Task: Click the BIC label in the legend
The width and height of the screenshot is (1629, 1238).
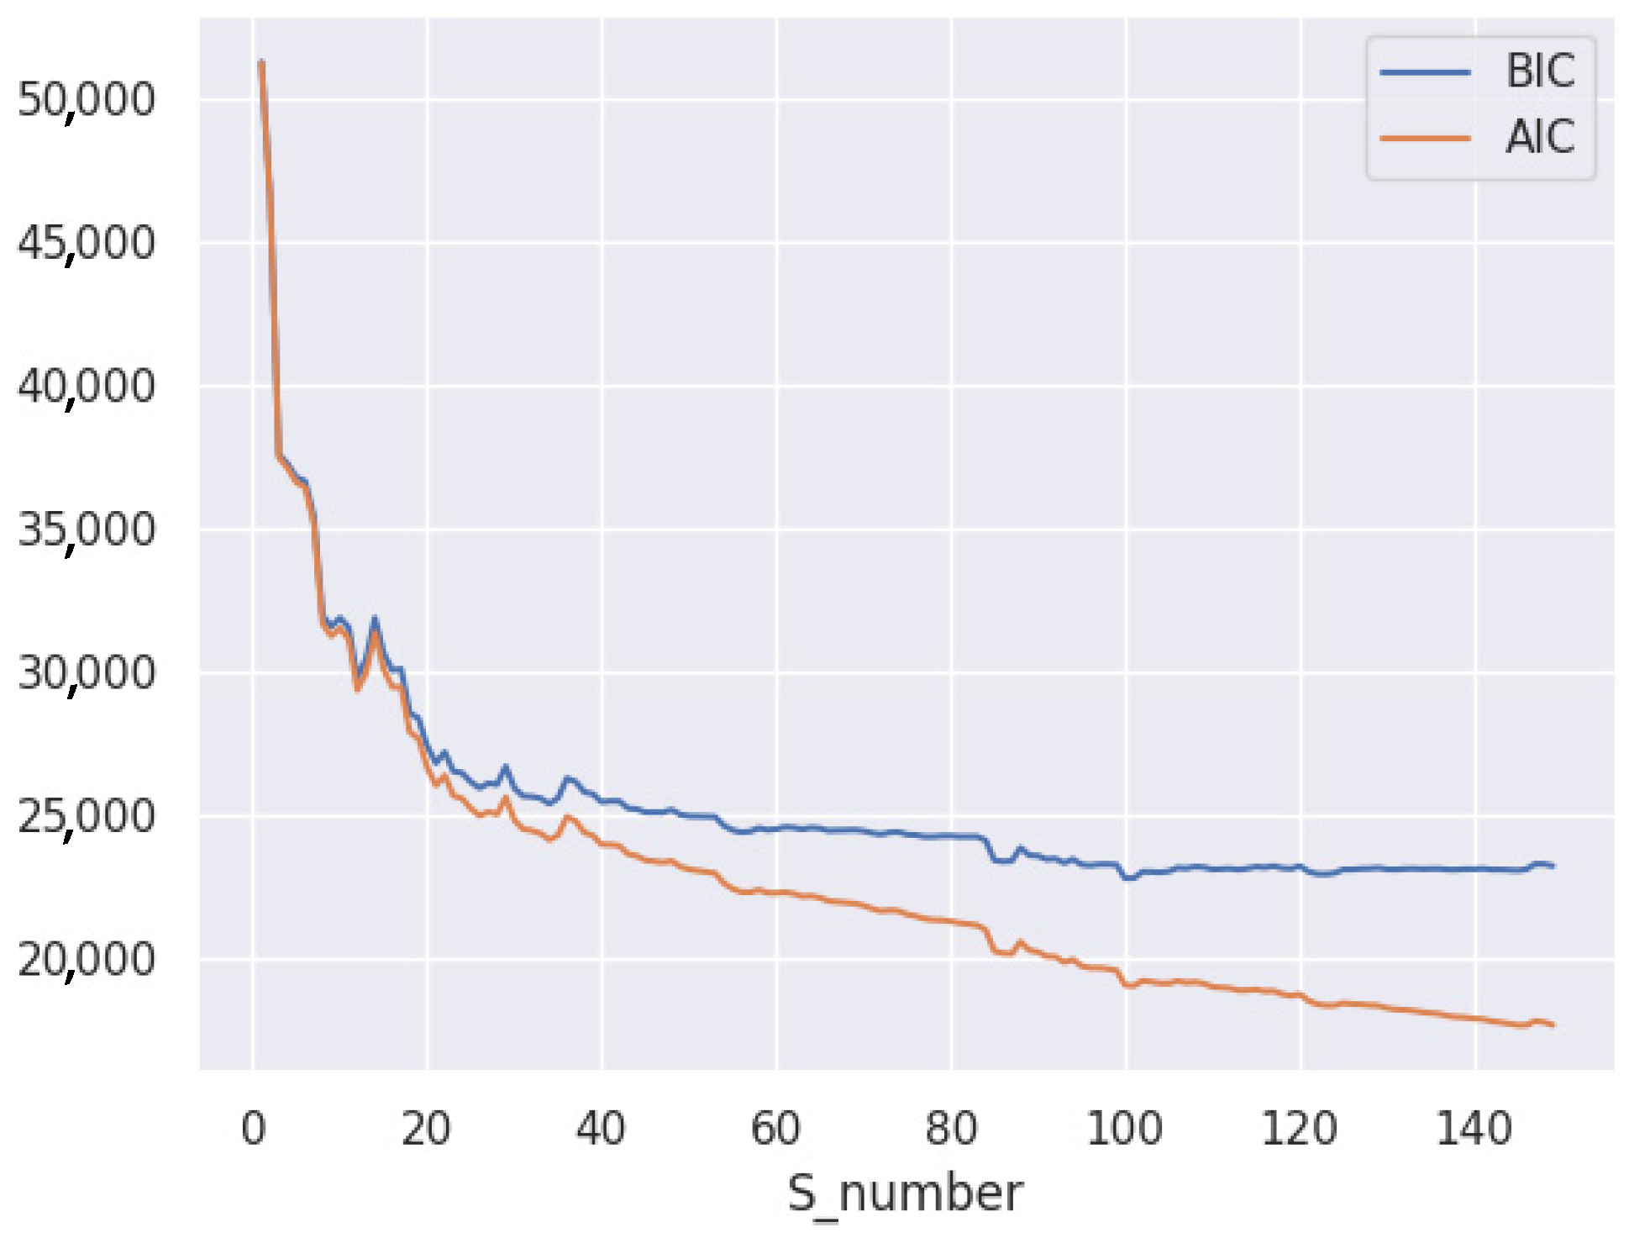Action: [1539, 71]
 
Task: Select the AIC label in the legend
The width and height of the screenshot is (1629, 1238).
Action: [1539, 137]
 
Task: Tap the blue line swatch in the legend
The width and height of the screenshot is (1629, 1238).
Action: [1425, 72]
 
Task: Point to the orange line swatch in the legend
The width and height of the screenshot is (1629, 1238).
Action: [1425, 138]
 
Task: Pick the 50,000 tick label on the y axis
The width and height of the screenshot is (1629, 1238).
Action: [86, 100]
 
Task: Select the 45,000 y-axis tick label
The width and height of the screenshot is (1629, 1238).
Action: [86, 244]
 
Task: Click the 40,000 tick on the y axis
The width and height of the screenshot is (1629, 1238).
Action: [86, 387]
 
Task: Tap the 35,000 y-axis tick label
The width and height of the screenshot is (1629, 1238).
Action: [86, 530]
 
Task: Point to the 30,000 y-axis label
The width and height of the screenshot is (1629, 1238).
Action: [86, 673]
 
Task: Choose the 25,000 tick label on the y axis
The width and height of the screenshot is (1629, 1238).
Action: [86, 817]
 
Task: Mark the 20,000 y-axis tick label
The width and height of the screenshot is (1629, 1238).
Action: [86, 960]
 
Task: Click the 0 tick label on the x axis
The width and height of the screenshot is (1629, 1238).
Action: [253, 1129]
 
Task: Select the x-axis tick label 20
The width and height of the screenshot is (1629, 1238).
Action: [426, 1129]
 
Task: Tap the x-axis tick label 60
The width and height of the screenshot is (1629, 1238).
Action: [775, 1129]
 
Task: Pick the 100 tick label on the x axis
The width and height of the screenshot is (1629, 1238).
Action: [1124, 1129]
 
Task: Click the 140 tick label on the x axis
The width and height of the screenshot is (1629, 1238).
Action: [1474, 1129]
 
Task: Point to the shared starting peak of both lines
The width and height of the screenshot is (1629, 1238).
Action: [261, 62]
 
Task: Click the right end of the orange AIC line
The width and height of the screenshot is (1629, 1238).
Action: [1553, 1025]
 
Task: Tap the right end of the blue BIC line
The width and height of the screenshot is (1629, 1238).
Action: [1553, 866]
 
